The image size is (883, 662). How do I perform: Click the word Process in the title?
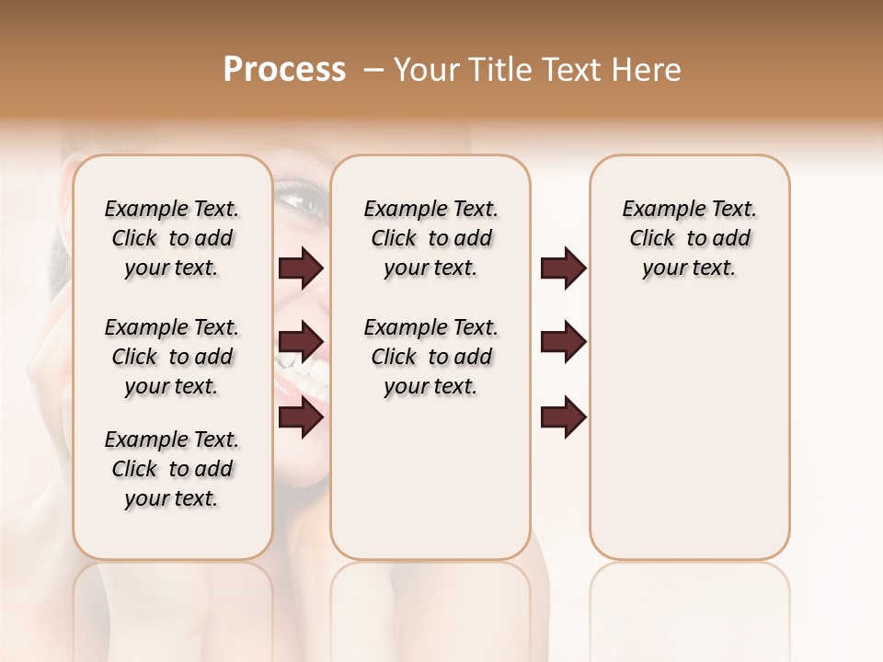[284, 70]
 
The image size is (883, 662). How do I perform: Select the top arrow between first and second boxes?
[301, 268]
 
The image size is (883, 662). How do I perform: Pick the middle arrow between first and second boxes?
[301, 342]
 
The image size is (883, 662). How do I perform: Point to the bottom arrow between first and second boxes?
[301, 417]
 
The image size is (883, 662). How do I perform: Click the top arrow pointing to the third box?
[563, 268]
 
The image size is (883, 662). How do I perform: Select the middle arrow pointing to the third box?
[563, 342]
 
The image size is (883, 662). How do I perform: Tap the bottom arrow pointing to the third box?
[563, 417]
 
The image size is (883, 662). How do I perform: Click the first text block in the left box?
[172, 238]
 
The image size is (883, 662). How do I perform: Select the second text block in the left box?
[172, 357]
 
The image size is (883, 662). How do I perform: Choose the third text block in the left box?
[172, 469]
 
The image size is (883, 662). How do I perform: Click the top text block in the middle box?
[430, 238]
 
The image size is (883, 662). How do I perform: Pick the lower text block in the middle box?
[430, 357]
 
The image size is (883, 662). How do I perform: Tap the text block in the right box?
[690, 238]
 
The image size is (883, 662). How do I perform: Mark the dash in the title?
[373, 70]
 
